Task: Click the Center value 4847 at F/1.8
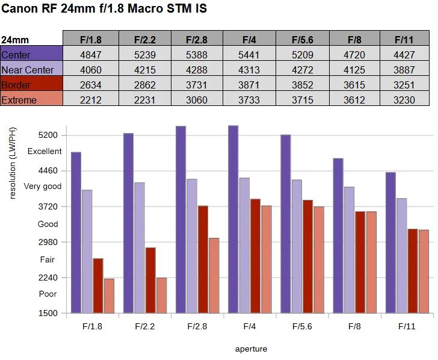[x=91, y=55]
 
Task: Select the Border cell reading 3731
[x=197, y=85]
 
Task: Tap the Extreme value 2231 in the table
[x=144, y=100]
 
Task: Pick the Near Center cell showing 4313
[x=249, y=70]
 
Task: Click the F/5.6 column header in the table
[x=303, y=40]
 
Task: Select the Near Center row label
[x=28, y=70]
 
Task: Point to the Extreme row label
[x=19, y=100]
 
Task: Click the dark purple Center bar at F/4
[x=233, y=219]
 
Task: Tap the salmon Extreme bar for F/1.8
[x=109, y=296]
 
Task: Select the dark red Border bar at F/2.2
[x=150, y=281]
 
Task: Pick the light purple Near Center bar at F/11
[x=402, y=256]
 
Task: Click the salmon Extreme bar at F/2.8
[x=214, y=276]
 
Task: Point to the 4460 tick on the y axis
[x=48, y=170]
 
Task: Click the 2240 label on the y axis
[x=48, y=278]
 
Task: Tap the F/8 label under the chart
[x=354, y=326]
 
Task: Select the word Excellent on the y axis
[x=45, y=151]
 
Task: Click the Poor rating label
[x=48, y=294]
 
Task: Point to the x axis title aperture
[x=251, y=349]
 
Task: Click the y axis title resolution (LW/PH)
[x=13, y=163]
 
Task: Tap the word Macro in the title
[x=145, y=8]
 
